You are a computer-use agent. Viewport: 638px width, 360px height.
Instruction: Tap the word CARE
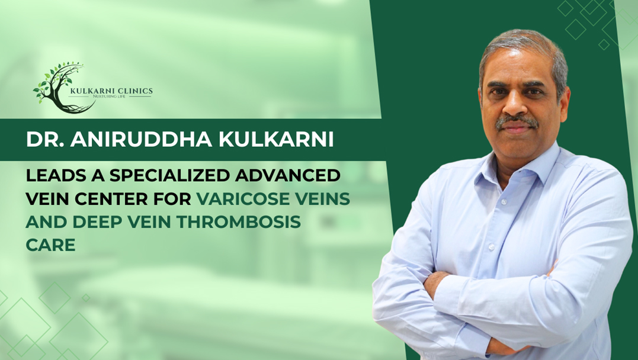50,245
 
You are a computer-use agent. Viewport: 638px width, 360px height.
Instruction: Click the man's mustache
517,121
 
